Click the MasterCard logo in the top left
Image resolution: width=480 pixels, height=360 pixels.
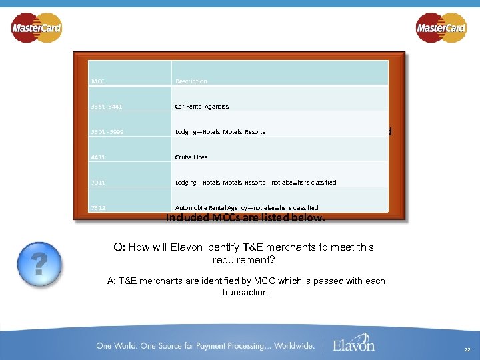pyautogui.click(x=37, y=28)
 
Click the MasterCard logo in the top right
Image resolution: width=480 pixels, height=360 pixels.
pyautogui.click(x=441, y=28)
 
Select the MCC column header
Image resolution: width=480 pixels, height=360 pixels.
pyautogui.click(x=98, y=81)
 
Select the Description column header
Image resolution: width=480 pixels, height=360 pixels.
pyautogui.click(x=191, y=81)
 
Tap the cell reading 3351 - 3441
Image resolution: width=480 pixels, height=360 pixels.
pyautogui.click(x=107, y=107)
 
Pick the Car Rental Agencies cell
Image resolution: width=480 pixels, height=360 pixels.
pyautogui.click(x=202, y=107)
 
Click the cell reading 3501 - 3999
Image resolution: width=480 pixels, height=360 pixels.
pyautogui.click(x=107, y=132)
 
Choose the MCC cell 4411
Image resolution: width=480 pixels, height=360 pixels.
pyautogui.click(x=99, y=157)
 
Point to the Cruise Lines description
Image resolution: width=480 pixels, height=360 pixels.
pyautogui.click(x=191, y=157)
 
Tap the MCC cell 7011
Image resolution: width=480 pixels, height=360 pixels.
pyautogui.click(x=99, y=183)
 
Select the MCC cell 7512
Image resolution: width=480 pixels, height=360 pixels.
pyautogui.click(x=99, y=208)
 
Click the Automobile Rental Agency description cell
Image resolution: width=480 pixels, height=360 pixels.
pyautogui.click(x=247, y=208)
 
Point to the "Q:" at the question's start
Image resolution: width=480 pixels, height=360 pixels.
pyautogui.click(x=119, y=247)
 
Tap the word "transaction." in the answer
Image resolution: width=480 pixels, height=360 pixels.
pyautogui.click(x=246, y=293)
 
